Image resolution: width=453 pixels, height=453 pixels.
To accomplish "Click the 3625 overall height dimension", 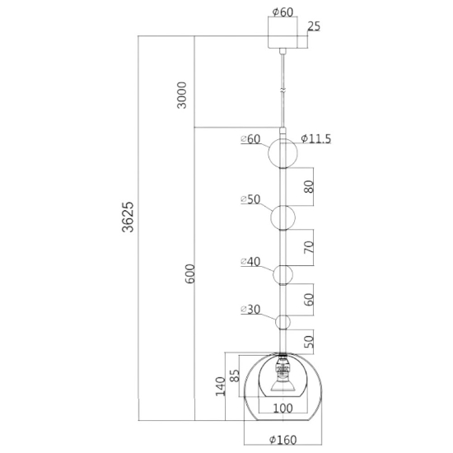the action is [x=128, y=217].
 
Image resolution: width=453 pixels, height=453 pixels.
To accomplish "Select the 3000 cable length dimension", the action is [x=182, y=96].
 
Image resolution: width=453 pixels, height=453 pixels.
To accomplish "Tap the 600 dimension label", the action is [x=190, y=273].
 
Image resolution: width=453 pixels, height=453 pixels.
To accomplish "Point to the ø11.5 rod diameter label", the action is [x=315, y=139].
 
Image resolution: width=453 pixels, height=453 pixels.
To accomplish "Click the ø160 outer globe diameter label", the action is [x=283, y=440].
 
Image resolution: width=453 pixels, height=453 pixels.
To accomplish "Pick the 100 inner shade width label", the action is [x=283, y=409].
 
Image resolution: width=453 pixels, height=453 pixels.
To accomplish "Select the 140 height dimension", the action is [x=221, y=386].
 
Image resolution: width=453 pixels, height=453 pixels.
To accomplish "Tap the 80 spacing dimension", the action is [x=309, y=187].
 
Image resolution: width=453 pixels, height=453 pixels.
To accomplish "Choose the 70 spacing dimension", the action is [x=309, y=247].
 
